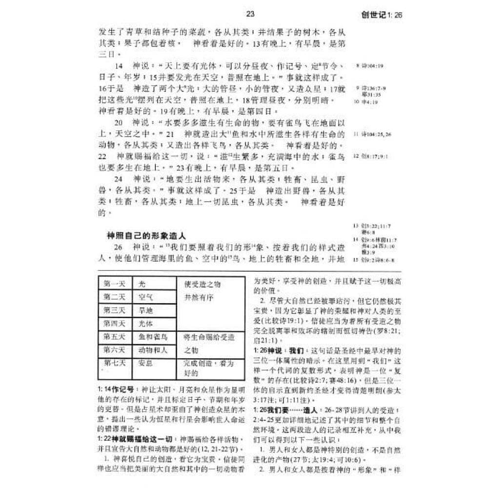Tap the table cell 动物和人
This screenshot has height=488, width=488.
click(x=153, y=350)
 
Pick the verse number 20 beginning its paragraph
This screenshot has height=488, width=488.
click(x=118, y=122)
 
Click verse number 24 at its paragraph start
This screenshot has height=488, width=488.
click(x=118, y=179)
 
